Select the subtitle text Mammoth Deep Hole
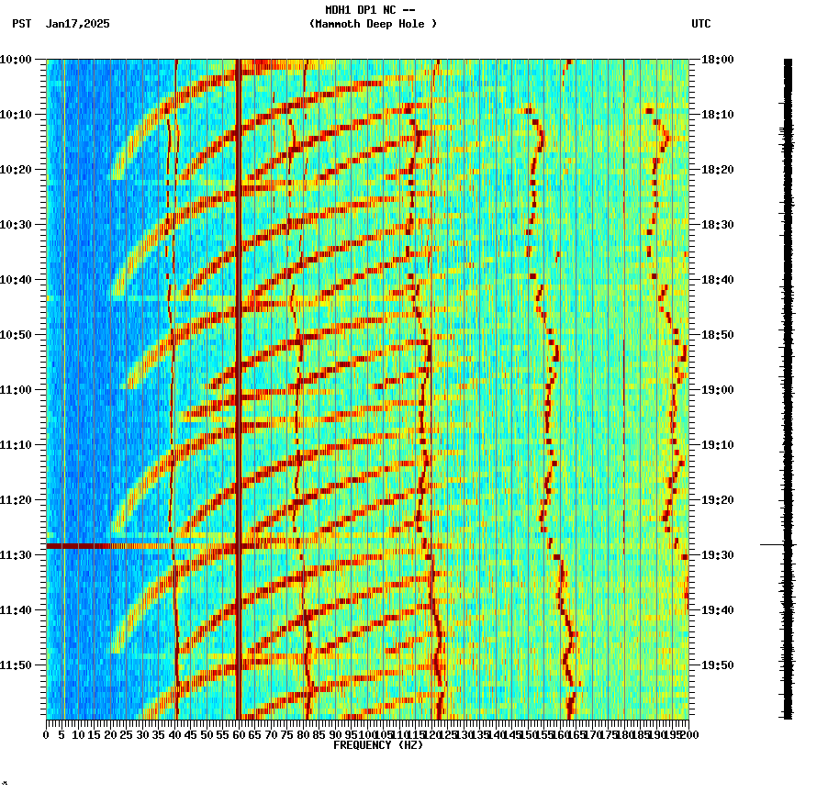pos(373,24)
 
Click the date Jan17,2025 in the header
pos(77,24)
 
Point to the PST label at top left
pos(22,24)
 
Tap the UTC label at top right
pos(701,24)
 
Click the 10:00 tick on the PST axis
pos(17,60)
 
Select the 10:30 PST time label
pos(17,225)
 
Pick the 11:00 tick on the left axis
pos(17,390)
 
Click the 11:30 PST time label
pos(17,555)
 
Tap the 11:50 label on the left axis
pos(17,665)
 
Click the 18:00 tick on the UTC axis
pos(718,60)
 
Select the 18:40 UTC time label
pos(718,280)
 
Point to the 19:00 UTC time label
pos(718,390)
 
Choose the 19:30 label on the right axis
pos(718,555)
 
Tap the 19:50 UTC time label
pos(718,665)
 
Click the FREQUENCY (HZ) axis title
pos(377,745)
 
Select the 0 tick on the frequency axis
pos(47,735)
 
